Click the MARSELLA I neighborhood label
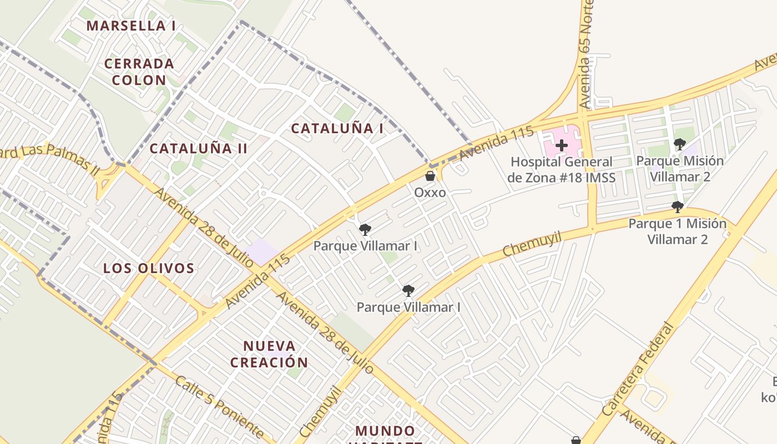(131, 26)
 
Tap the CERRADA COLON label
(139, 72)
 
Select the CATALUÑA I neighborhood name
(337, 128)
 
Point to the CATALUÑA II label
(198, 148)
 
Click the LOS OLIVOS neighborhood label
(149, 269)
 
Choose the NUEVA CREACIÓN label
(269, 354)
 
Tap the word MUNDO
(385, 431)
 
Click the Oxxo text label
(430, 193)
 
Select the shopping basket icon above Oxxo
(430, 176)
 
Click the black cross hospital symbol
(562, 146)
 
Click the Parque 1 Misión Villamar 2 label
(677, 231)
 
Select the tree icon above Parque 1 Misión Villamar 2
(677, 208)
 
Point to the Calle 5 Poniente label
(220, 407)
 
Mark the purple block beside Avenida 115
(262, 251)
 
